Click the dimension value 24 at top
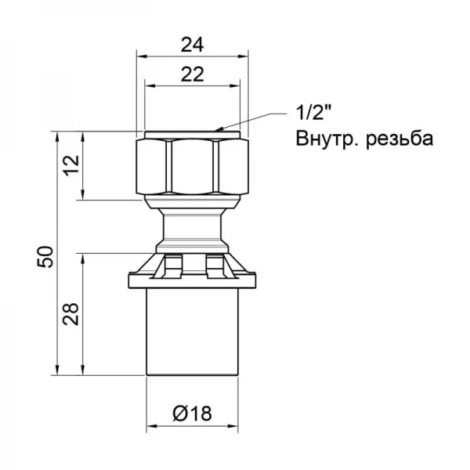188,45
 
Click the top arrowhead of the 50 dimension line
59,135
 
